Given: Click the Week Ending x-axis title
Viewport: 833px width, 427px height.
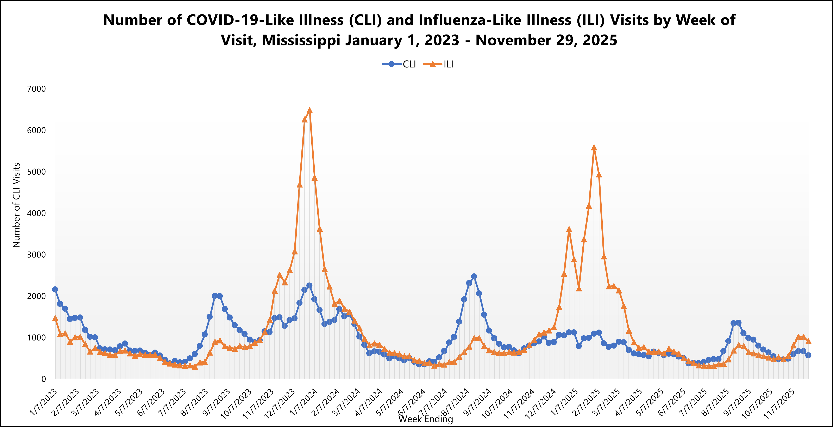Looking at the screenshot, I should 426,419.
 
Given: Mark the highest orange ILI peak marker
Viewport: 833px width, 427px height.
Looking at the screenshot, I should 309,110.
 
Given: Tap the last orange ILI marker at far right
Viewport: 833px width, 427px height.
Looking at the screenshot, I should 808,341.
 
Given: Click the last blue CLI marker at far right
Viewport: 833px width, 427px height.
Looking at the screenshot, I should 808,355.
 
